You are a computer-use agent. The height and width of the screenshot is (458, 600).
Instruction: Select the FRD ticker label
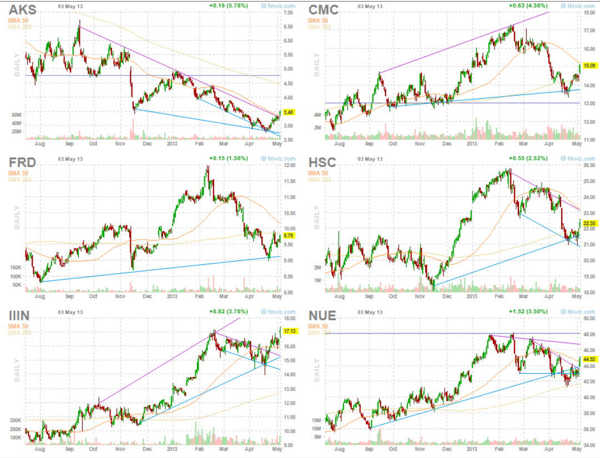pyautogui.click(x=22, y=162)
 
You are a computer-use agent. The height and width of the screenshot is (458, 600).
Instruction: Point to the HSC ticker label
pyautogui.click(x=322, y=162)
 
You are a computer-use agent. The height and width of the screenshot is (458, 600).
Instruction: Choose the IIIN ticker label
pyautogui.click(x=20, y=316)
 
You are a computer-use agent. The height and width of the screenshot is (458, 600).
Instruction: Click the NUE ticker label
pyautogui.click(x=322, y=316)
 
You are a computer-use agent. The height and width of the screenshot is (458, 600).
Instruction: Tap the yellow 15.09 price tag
pyautogui.click(x=589, y=66)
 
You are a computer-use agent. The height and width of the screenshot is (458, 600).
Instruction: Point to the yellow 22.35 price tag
pyautogui.click(x=589, y=223)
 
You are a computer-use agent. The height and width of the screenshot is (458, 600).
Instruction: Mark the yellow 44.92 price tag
pyautogui.click(x=589, y=358)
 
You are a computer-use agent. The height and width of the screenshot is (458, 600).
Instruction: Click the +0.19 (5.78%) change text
pyautogui.click(x=229, y=6)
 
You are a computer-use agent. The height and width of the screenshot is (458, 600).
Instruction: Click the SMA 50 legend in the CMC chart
pyautogui.click(x=317, y=21)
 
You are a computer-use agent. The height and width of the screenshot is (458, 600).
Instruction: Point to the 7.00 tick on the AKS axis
pyautogui.click(x=289, y=12)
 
